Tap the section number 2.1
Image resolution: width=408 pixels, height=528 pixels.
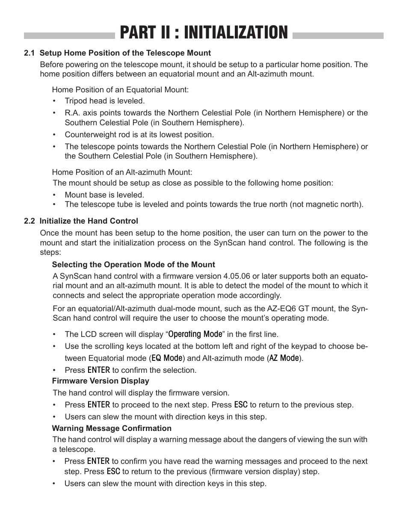[x=29, y=53]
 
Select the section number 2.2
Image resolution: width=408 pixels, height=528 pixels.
[x=29, y=221]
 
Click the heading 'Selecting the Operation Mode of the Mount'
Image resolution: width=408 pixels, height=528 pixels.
[x=133, y=265]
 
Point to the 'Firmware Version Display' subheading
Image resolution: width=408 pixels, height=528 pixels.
[x=101, y=381]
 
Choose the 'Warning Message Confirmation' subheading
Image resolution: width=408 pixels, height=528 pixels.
[x=112, y=428]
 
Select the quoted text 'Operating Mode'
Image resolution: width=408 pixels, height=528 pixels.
[x=195, y=334]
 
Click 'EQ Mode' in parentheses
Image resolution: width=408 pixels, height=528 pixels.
[x=167, y=358]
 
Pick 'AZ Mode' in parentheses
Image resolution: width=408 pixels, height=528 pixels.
[x=284, y=358]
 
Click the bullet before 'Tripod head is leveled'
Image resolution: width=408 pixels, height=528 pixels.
[x=55, y=101]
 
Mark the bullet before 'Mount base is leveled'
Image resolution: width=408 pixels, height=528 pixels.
[x=55, y=195]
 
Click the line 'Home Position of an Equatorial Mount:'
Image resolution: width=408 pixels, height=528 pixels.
[x=120, y=90]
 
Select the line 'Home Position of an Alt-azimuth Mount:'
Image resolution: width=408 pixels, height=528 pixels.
[x=122, y=172]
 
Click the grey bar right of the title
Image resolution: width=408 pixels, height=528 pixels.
[x=338, y=36]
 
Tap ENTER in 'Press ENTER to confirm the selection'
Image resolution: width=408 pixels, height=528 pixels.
[x=98, y=370]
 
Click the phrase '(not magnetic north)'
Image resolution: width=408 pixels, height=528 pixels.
[x=326, y=204]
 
